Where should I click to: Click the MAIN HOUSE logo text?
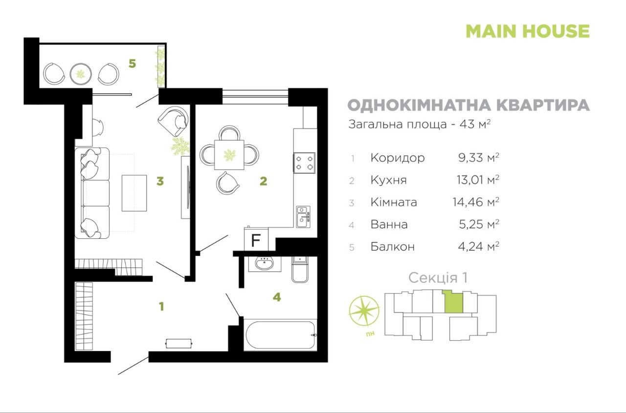point(528,31)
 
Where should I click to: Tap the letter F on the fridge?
point(256,240)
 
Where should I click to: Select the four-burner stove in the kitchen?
point(304,163)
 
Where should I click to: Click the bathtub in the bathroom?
point(280,335)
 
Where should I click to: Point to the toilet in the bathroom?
point(300,269)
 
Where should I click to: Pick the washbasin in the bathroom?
point(265,264)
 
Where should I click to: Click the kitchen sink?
point(303,217)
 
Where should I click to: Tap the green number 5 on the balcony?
point(132,63)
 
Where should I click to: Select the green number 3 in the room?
point(160,181)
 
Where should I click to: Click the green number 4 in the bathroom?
point(277,297)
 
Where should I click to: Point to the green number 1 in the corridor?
point(161,307)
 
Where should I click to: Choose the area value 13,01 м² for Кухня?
point(478,180)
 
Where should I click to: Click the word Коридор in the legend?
point(398,158)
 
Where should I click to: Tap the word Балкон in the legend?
point(393,247)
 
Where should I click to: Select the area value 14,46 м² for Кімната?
point(476,202)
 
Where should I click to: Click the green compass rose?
point(364,311)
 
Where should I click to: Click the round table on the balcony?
point(81,74)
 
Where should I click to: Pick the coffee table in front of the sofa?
point(134,193)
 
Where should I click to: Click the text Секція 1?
point(438,278)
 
